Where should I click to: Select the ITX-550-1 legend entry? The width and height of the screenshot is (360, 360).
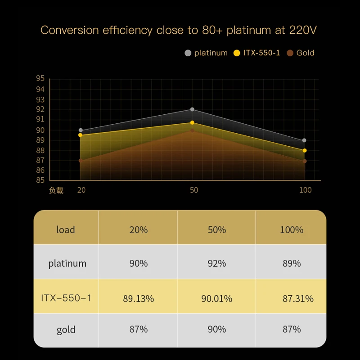coord(261,53)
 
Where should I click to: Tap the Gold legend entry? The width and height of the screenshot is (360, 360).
coord(305,53)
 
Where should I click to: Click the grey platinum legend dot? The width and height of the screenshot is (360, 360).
coord(188,53)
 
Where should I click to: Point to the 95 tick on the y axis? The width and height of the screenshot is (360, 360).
coord(40,79)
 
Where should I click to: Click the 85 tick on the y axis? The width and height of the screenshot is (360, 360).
coord(40,180)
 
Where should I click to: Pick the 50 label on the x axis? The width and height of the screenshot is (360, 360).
coord(194,190)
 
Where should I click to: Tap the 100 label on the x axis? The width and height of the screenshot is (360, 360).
coord(305,190)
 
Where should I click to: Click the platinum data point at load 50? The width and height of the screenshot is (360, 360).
coord(192,109)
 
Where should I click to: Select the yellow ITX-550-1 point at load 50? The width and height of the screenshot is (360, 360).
coord(192,123)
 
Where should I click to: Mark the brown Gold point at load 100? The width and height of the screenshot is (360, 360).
coord(305,161)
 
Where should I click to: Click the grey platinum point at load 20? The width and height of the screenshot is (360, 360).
coord(81,130)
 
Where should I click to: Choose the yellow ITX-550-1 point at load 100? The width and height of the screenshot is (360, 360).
coord(305,151)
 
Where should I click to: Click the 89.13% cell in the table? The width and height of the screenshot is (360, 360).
coord(139,298)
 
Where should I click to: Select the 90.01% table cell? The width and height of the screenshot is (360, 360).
coord(217,298)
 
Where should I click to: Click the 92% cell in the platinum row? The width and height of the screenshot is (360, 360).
coord(217,263)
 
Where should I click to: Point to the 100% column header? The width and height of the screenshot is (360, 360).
coord(292,230)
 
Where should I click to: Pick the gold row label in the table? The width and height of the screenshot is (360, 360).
coord(66,329)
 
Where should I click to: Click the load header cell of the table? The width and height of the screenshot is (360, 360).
coord(66,230)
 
